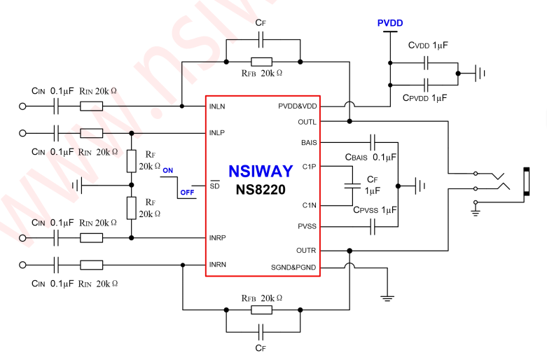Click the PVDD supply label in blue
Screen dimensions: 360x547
point(390,23)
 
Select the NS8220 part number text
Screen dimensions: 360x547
point(263,190)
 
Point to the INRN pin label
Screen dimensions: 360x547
point(219,265)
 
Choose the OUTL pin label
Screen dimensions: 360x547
point(306,120)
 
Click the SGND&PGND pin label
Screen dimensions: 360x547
point(293,267)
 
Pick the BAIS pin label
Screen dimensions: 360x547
point(308,143)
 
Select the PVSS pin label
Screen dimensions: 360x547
point(307,226)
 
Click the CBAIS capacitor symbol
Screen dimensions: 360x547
point(373,142)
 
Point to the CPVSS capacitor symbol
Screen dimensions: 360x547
point(373,226)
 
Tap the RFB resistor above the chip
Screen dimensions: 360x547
point(262,62)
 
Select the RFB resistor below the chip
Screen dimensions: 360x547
point(262,309)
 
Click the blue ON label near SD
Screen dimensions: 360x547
point(168,170)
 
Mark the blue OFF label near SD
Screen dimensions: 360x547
point(187,191)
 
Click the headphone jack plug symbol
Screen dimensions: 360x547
point(526,180)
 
